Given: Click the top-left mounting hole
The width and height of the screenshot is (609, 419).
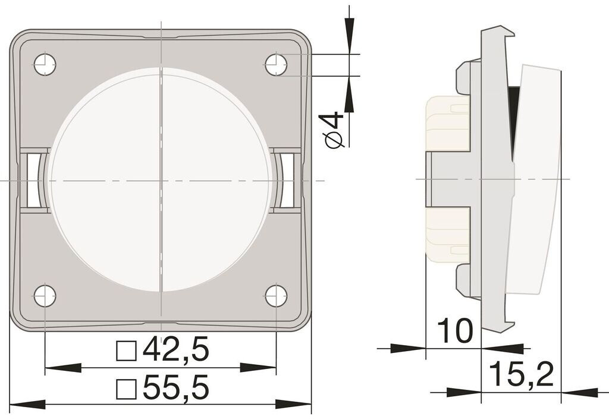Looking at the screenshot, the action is (x=45, y=64).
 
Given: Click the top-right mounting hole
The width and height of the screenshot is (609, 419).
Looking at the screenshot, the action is (x=276, y=64).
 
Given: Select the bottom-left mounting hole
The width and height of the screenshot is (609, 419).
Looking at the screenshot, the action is (x=45, y=296).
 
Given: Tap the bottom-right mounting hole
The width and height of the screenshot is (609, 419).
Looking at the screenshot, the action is (x=276, y=296).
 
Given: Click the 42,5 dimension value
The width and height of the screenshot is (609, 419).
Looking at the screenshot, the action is (x=176, y=349).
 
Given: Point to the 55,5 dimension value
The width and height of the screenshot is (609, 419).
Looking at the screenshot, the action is (x=176, y=387).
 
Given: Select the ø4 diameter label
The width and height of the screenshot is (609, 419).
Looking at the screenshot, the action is (x=333, y=130).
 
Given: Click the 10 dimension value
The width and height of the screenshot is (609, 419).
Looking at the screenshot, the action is (x=455, y=331).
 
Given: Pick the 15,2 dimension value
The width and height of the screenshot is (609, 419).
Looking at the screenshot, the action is (x=521, y=374).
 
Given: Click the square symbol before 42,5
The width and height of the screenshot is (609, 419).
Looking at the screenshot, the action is (x=126, y=351).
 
